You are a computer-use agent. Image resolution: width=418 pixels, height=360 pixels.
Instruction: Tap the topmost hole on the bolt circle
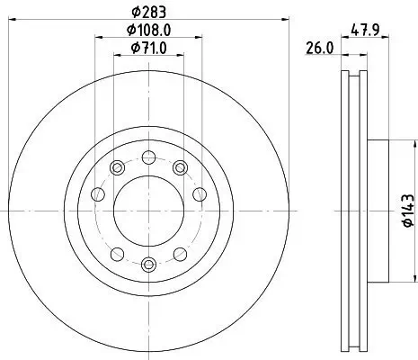pos(147,157)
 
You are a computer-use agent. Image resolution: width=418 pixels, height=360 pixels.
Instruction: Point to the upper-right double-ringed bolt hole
pos(180,166)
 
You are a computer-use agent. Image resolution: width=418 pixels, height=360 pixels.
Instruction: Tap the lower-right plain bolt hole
pos(180,253)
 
